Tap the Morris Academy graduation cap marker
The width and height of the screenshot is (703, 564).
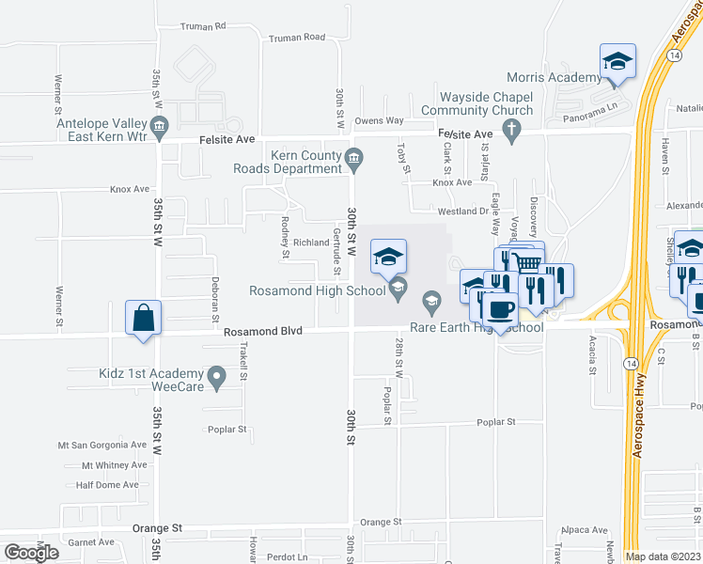pos(617,62)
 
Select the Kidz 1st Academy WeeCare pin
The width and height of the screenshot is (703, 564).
pos(218,380)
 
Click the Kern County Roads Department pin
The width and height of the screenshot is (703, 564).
pos(353,157)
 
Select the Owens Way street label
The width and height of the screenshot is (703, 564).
pos(379,120)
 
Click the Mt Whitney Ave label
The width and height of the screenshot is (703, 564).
pos(114,464)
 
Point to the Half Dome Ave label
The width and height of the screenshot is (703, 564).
pos(107,485)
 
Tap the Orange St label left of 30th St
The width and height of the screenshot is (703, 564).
pos(156,529)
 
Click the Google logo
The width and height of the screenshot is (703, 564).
pos(31,552)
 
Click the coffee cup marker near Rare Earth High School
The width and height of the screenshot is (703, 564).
pos(499,309)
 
